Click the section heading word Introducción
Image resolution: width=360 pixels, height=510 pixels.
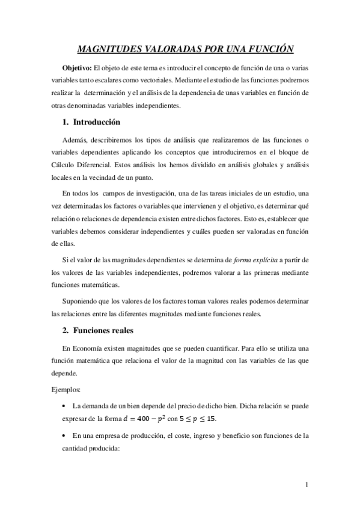coord(97,122)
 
